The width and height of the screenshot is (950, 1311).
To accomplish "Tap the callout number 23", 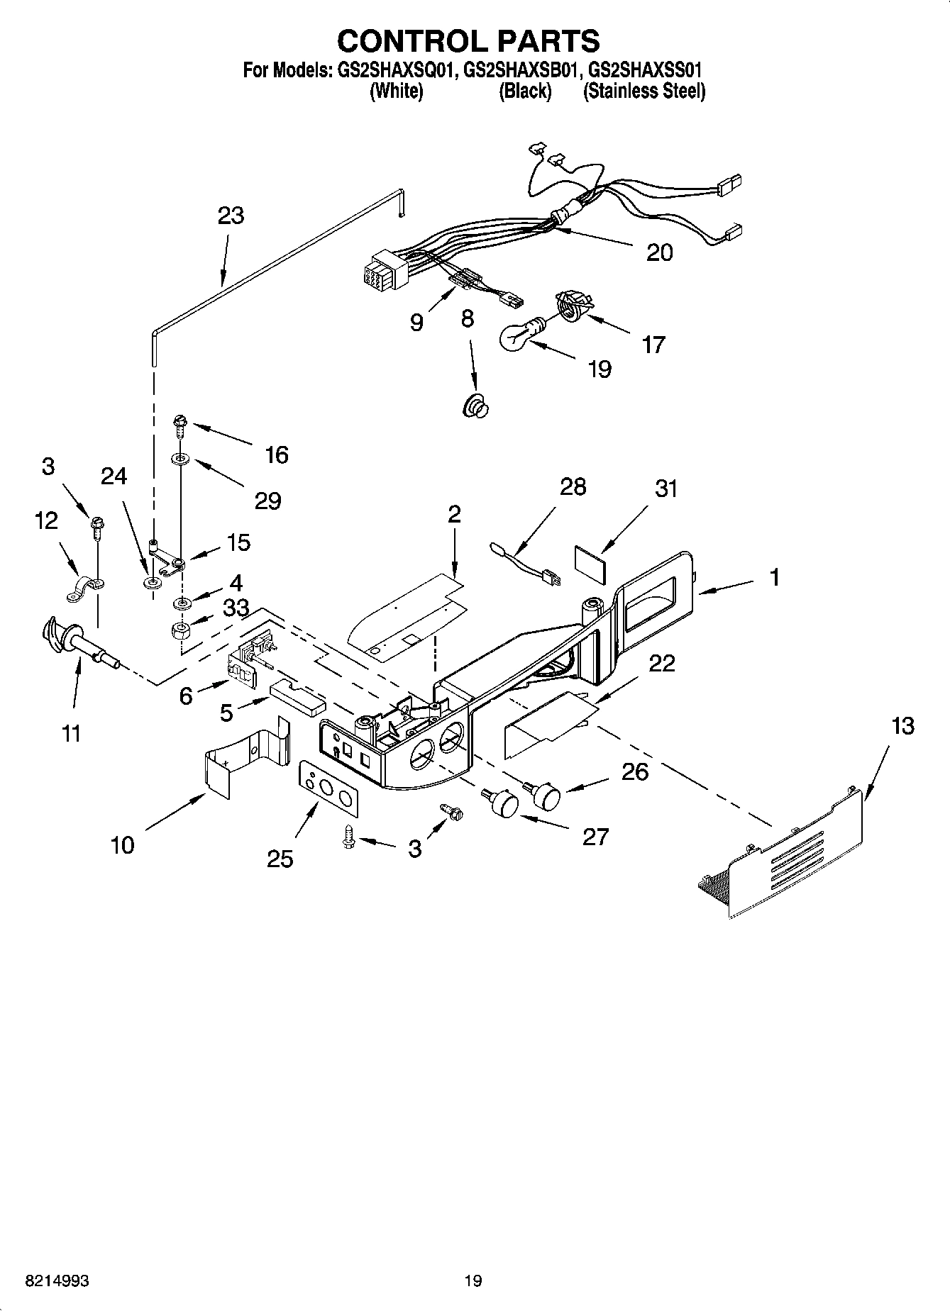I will click(x=231, y=216).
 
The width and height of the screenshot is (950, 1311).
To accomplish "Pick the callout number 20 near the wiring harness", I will click(x=659, y=252).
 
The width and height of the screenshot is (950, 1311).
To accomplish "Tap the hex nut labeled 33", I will click(x=182, y=630).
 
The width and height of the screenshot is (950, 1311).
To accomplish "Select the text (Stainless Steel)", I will click(x=644, y=91).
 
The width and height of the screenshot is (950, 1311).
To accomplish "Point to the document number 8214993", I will click(x=57, y=1281).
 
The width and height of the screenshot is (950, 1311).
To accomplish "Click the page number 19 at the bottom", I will click(x=473, y=1281).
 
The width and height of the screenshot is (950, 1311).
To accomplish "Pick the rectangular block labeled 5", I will click(x=297, y=699).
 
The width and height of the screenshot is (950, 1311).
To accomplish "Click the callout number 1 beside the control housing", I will click(x=774, y=577).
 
